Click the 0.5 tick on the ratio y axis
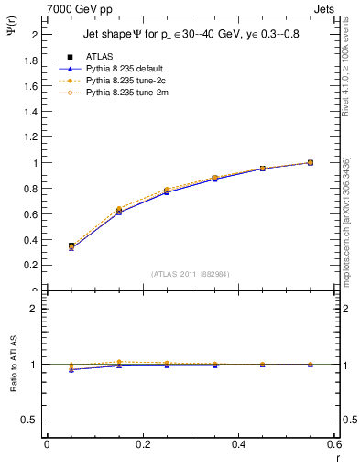[32, 420]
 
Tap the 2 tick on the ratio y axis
[36, 309]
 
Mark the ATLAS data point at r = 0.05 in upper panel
[71, 246]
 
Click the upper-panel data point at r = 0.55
[311, 162]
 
